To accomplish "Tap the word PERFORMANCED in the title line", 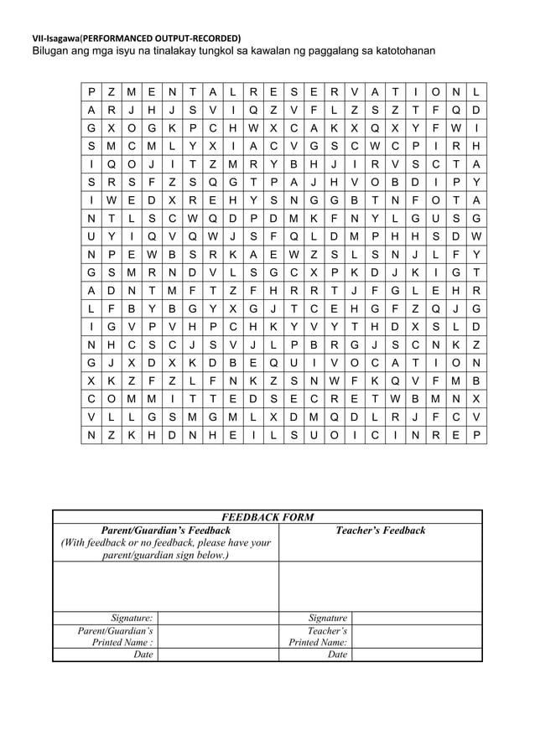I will (x=117, y=39).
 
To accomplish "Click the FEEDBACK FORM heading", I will (x=267, y=517).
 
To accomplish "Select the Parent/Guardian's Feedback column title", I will (x=165, y=531).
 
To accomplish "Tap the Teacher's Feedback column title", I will (x=380, y=531).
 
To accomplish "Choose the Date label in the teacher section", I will (x=337, y=655).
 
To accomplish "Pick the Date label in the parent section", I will (x=143, y=655).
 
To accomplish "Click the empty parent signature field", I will (x=217, y=618).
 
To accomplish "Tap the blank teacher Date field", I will (x=417, y=655).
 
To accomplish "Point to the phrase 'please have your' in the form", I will (x=232, y=543).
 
